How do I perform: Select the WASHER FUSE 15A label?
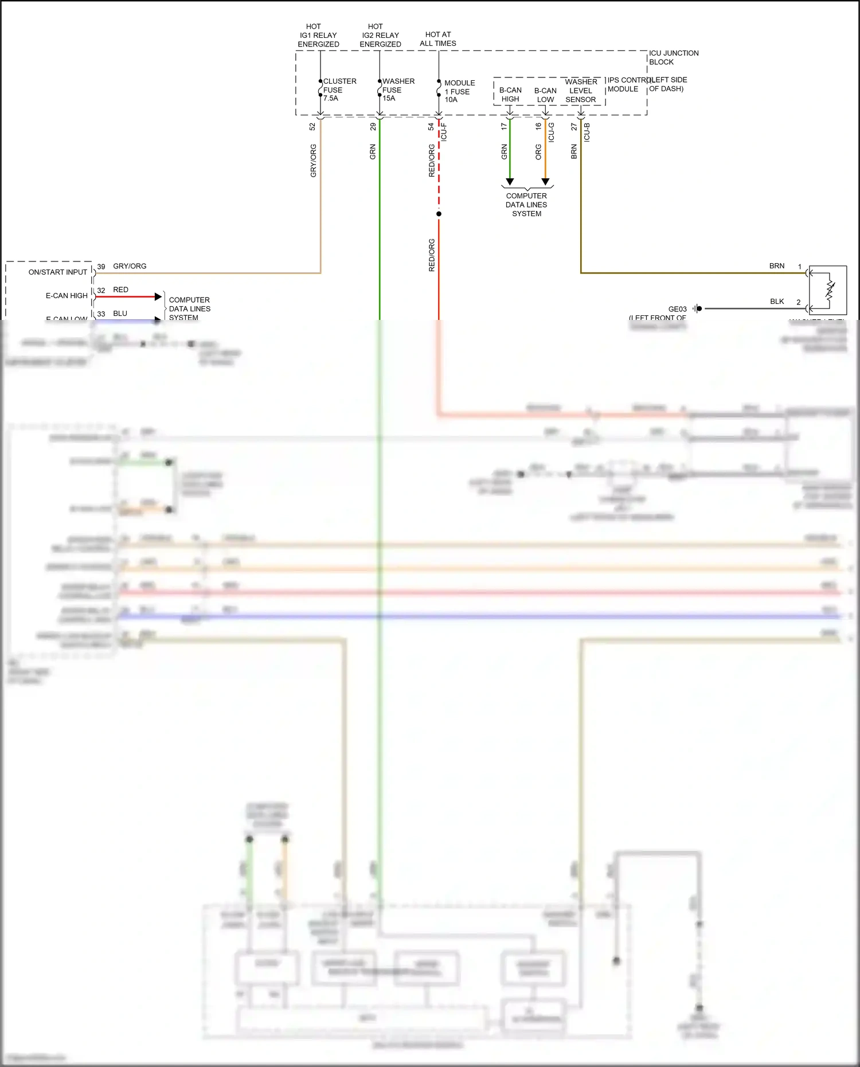[397, 89]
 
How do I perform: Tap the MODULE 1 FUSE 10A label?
[459, 91]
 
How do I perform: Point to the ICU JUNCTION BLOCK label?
[673, 57]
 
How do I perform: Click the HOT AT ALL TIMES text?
[438, 39]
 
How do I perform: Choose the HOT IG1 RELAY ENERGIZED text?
[318, 35]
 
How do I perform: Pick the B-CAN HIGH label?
[510, 95]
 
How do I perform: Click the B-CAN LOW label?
[545, 95]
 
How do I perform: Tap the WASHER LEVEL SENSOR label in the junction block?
[581, 91]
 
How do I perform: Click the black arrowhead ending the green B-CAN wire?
[510, 182]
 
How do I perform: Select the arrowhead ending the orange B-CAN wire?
[545, 182]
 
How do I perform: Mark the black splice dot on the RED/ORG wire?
[439, 214]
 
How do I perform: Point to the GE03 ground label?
[677, 309]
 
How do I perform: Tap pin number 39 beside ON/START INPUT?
[101, 267]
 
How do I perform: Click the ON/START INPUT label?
[58, 272]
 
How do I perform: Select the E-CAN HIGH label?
[67, 296]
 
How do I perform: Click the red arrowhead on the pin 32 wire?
[158, 296]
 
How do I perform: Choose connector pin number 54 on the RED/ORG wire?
[431, 127]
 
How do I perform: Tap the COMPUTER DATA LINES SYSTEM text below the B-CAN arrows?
[526, 205]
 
